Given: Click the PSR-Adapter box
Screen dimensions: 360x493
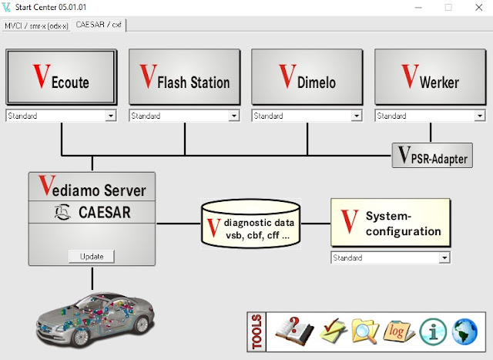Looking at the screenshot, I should [x=432, y=156].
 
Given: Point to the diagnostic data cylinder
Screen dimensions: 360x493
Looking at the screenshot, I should [x=250, y=224].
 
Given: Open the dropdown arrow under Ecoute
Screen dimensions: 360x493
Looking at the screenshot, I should [x=111, y=116].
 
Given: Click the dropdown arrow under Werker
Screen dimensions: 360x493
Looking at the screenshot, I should [x=480, y=116].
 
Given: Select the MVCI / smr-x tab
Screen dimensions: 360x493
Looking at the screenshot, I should [x=36, y=25].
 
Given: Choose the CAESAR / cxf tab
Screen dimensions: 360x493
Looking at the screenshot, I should [x=99, y=25].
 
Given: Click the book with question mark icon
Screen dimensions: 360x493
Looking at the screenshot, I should [x=294, y=331].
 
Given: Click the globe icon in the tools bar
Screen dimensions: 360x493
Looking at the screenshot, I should [x=467, y=331].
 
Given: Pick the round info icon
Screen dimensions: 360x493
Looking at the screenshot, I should [x=434, y=331].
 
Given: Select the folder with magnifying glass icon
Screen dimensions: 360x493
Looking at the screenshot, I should [x=364, y=331].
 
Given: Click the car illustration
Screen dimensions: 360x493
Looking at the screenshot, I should [x=92, y=317].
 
